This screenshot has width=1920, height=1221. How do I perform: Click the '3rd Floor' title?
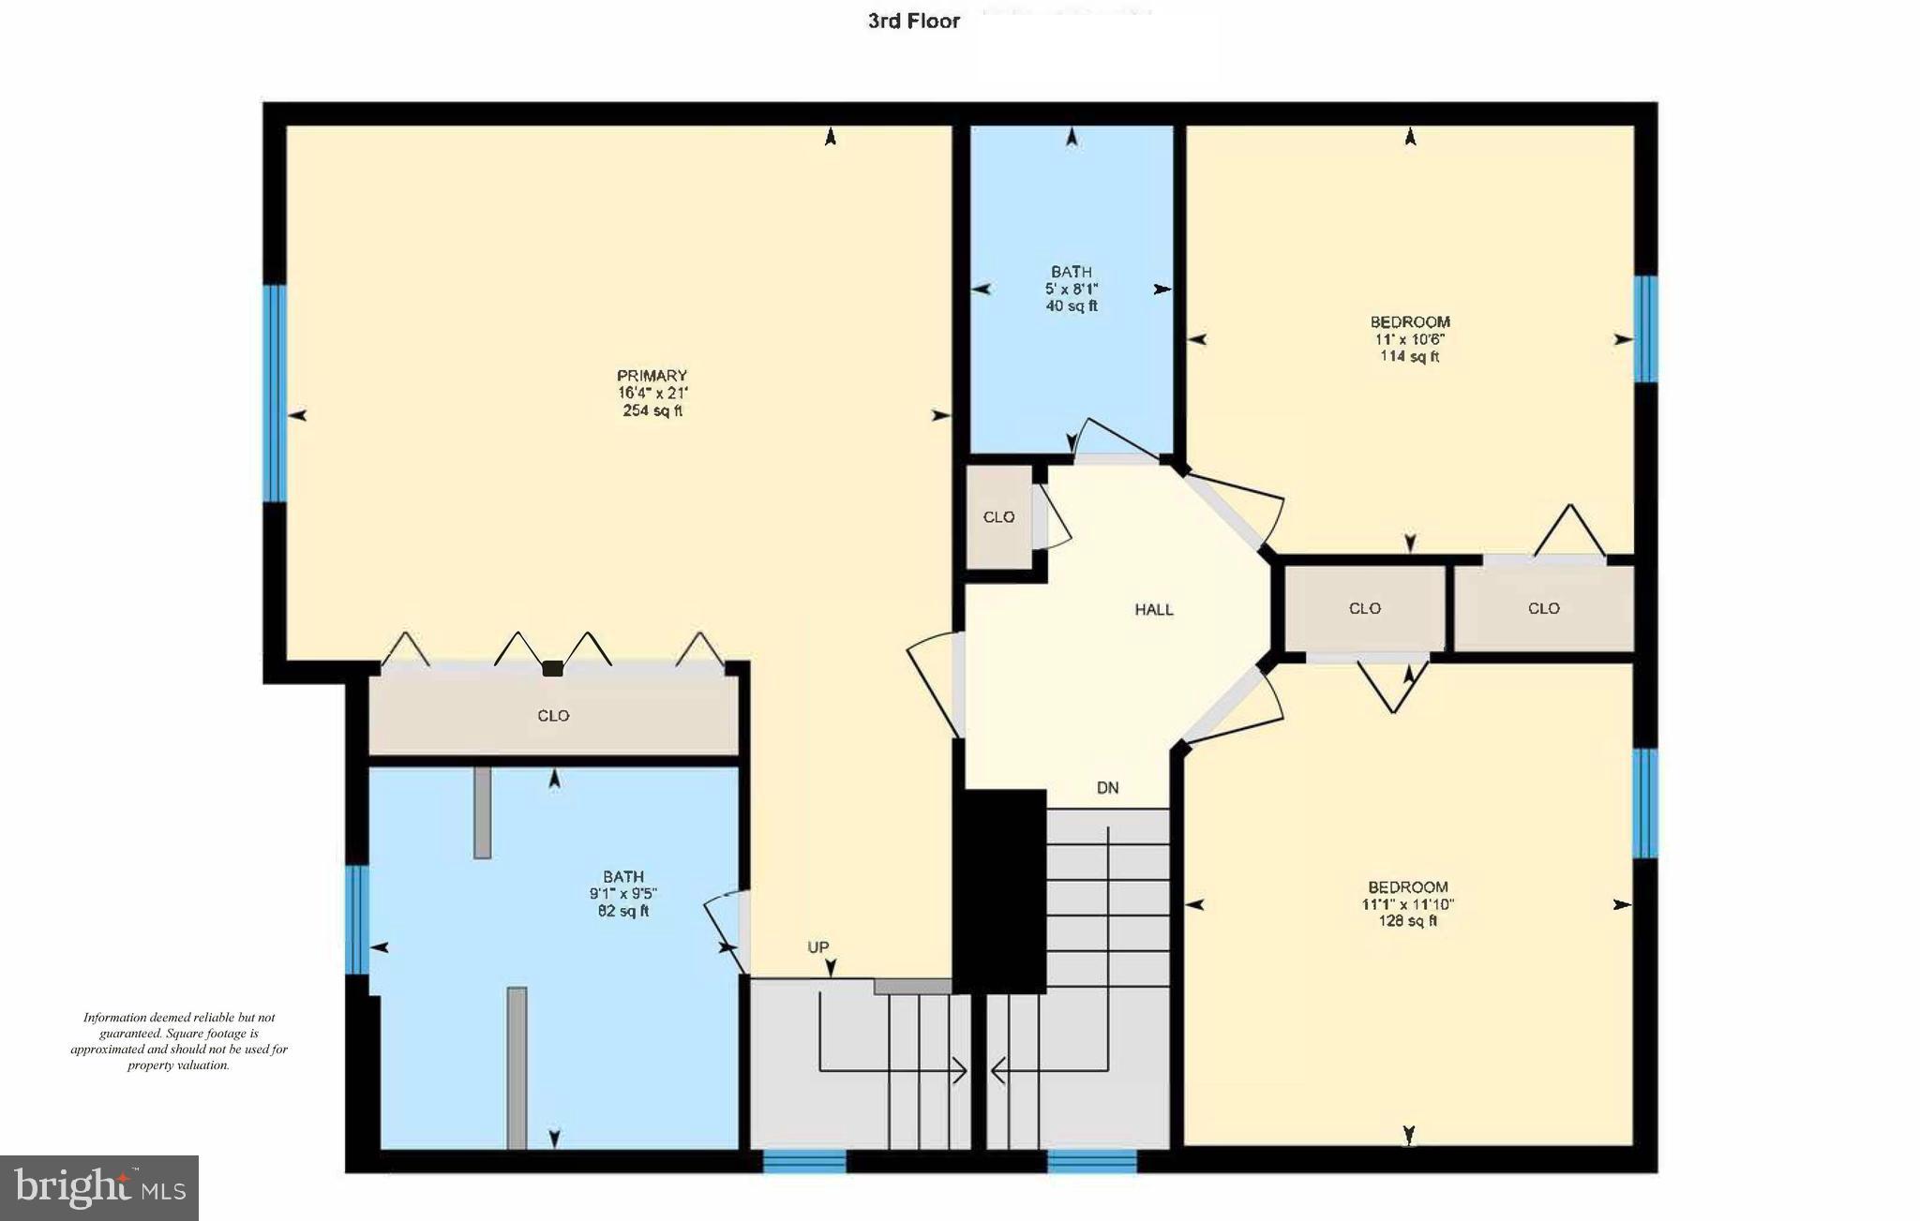pyautogui.click(x=913, y=21)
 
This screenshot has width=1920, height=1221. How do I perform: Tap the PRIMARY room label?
pyautogui.click(x=652, y=376)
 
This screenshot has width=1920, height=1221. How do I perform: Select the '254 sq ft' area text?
pyautogui.click(x=652, y=410)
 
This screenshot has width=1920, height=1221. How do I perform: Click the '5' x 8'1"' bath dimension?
pyautogui.click(x=1071, y=289)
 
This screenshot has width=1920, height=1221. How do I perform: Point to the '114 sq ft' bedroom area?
pyautogui.click(x=1409, y=356)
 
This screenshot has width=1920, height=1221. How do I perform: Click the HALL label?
pyautogui.click(x=1153, y=609)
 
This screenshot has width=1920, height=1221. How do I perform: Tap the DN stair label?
pyautogui.click(x=1107, y=787)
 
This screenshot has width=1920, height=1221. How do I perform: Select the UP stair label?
pyautogui.click(x=817, y=946)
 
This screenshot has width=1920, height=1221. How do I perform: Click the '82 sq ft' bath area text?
pyautogui.click(x=622, y=911)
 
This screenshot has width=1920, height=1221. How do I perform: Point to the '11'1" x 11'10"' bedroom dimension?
pyautogui.click(x=1407, y=904)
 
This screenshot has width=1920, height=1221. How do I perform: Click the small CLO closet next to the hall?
pyautogui.click(x=998, y=516)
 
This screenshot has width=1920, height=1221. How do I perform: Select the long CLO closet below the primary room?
pyautogui.click(x=553, y=715)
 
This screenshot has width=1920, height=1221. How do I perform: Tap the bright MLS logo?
pyautogui.click(x=99, y=1187)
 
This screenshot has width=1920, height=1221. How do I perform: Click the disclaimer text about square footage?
pyautogui.click(x=179, y=1041)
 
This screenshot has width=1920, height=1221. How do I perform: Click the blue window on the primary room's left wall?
pyautogui.click(x=274, y=393)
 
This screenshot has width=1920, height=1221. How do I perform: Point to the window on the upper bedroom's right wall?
pyautogui.click(x=1644, y=329)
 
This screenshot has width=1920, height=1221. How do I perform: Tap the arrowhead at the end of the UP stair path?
pyautogui.click(x=960, y=1070)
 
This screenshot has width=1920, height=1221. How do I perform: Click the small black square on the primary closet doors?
pyautogui.click(x=552, y=668)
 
